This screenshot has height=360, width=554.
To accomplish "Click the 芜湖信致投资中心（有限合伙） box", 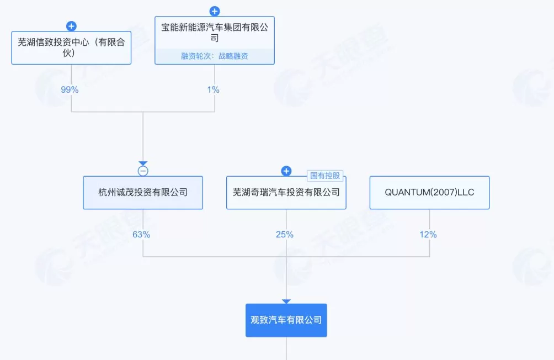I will point(71,48).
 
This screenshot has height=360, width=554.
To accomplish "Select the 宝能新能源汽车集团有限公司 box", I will point(214,33).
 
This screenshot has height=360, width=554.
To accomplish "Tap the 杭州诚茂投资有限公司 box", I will point(143,193).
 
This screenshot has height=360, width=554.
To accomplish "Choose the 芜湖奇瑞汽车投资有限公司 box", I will point(286,193).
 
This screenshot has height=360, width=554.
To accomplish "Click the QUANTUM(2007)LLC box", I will point(429,193).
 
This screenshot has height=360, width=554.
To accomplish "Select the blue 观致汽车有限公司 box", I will point(286,320).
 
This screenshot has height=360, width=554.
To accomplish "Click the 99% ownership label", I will point(70,89).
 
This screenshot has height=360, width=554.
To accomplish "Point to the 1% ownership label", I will point(213,89).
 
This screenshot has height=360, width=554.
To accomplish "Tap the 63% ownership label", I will point(141,234).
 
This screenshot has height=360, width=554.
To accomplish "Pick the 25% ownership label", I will point(285,234).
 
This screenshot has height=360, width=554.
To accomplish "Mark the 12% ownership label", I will point(428,234).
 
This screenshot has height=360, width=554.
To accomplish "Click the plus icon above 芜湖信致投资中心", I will point(71,26).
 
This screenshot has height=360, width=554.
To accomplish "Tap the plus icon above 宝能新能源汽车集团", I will point(215,11).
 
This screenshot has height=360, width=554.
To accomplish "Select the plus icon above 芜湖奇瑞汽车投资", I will point(286,171).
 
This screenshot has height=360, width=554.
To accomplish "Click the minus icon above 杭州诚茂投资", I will point(143,171).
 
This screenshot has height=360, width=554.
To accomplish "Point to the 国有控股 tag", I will point(325,176).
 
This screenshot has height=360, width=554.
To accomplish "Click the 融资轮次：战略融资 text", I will point(215,56).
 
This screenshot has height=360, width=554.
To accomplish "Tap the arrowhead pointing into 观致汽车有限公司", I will point(286,301).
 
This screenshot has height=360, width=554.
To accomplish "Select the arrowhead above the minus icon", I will point(143,163).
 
